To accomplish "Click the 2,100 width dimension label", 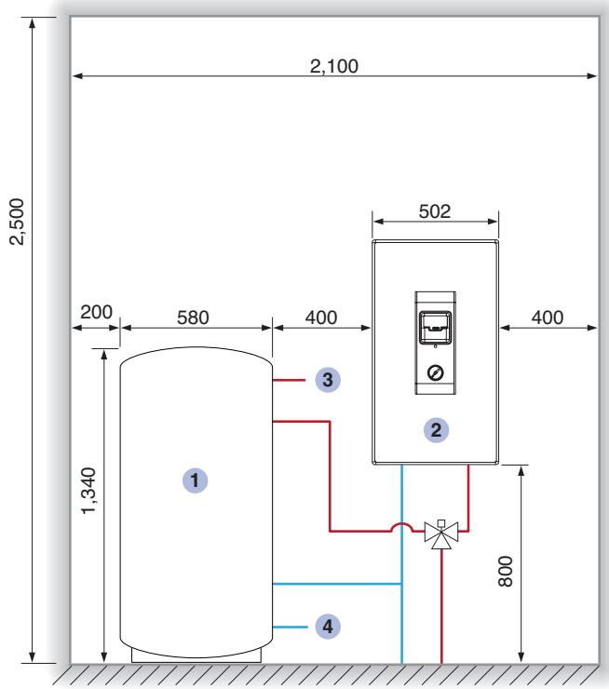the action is (x=334, y=66).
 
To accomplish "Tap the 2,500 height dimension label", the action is (x=18, y=222).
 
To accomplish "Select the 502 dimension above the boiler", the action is (x=435, y=211).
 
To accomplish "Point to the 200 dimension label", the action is (x=96, y=312).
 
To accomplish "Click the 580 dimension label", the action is (x=193, y=317).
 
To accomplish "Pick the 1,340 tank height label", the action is (x=88, y=491).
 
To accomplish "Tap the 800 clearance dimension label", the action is (x=506, y=572).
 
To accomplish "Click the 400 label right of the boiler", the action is (x=547, y=317).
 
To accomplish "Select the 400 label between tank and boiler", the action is (x=321, y=317).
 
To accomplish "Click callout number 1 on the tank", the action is (x=196, y=480).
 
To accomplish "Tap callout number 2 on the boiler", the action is (x=436, y=430).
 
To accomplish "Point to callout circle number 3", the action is (x=328, y=380).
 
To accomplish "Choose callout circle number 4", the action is (x=328, y=627).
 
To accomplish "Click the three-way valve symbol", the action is (x=441, y=534).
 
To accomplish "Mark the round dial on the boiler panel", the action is (x=435, y=372).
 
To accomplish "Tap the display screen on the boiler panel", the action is (x=435, y=328).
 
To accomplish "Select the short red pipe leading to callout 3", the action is (x=289, y=380).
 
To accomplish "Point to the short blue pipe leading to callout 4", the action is (x=290, y=627).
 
